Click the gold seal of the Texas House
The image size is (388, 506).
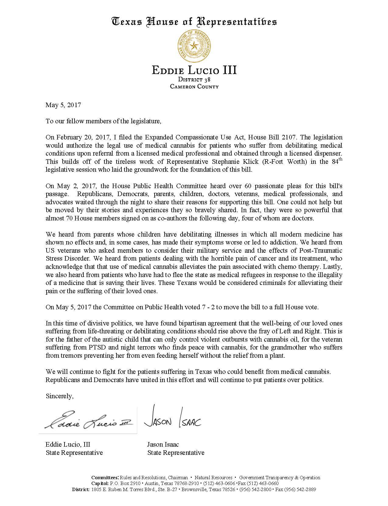(x=194, y=46)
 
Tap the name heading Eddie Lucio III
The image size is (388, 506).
(x=194, y=70)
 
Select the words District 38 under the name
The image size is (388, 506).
(x=194, y=80)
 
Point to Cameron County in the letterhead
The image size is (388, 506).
(x=194, y=86)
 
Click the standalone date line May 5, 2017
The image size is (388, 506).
(x=63, y=105)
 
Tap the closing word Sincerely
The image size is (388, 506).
(x=59, y=396)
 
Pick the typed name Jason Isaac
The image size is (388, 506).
(x=163, y=445)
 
